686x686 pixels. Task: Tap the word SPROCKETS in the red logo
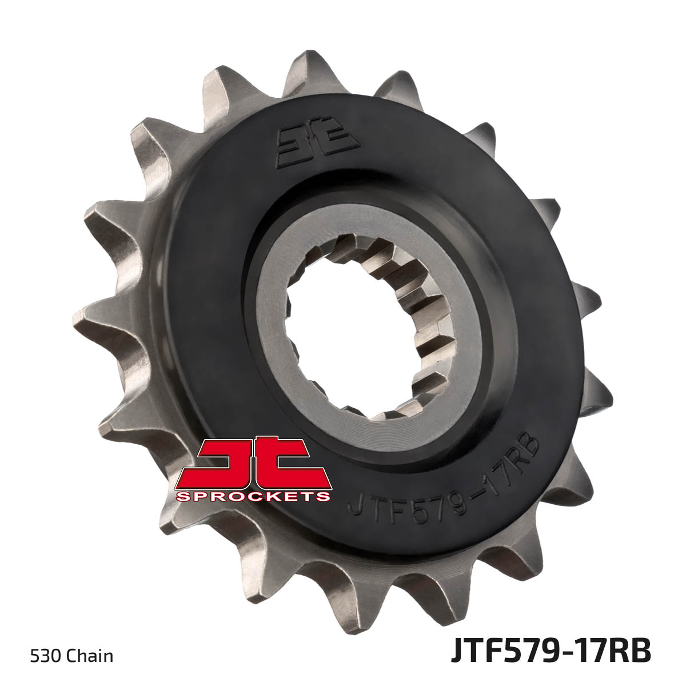[x=253, y=496]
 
